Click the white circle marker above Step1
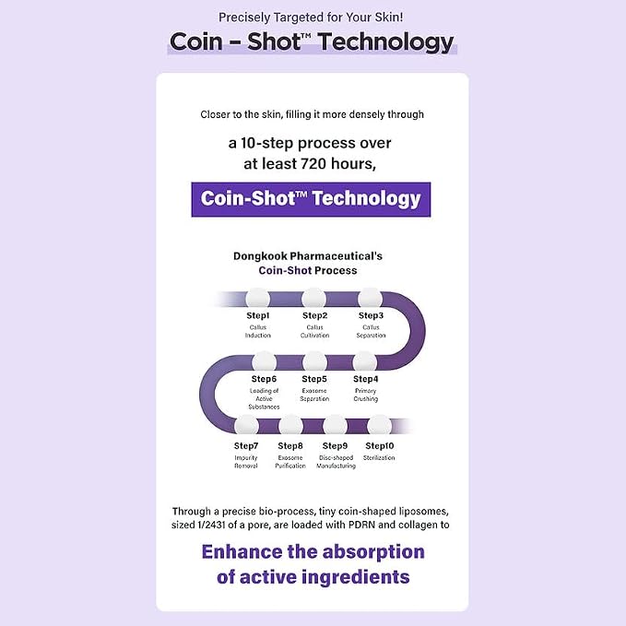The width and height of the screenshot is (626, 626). click(x=257, y=299)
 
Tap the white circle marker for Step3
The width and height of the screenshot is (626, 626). click(x=370, y=299)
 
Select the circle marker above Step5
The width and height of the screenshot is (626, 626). click(x=314, y=362)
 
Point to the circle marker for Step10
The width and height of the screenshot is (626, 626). click(x=379, y=426)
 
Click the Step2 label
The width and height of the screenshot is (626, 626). click(x=314, y=315)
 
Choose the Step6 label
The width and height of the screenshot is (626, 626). click(x=264, y=379)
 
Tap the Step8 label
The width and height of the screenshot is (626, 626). click(x=290, y=446)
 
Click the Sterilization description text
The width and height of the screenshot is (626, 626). click(x=379, y=457)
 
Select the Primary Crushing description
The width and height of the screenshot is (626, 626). click(x=366, y=395)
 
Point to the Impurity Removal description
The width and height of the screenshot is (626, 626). click(x=246, y=462)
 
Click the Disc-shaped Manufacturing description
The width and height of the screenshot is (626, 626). click(x=336, y=462)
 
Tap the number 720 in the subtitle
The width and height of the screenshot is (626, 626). click(x=310, y=164)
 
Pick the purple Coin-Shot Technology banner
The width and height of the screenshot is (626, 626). click(x=311, y=200)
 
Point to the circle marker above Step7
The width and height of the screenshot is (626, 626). click(x=246, y=426)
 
